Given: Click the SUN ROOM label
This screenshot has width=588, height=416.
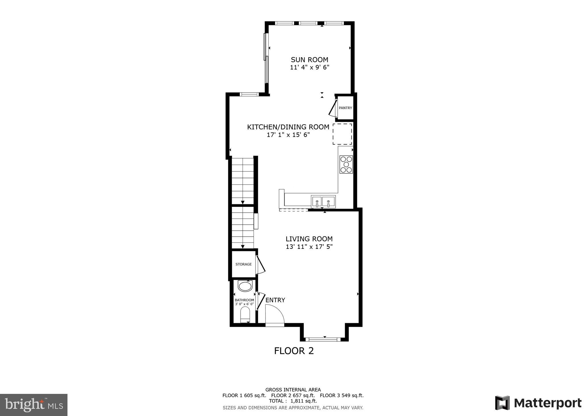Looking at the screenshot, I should click(309, 60).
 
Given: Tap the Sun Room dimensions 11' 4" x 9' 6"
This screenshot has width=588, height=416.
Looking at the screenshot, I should click(309, 68).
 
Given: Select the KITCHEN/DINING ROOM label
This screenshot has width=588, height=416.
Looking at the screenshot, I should click(288, 127).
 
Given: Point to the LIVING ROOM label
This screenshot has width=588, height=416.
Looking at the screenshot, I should click(309, 239).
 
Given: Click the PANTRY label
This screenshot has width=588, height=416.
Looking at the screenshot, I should click(345, 108).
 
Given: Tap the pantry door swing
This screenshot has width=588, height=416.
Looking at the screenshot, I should click(333, 109).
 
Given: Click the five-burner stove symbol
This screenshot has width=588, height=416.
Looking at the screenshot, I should click(346, 164).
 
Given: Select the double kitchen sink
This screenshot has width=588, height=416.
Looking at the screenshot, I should click(323, 201).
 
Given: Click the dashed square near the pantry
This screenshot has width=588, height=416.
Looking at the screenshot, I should click(342, 134).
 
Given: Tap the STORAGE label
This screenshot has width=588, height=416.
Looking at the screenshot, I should click(243, 264).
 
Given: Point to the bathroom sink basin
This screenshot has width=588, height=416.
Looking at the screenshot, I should click(245, 286).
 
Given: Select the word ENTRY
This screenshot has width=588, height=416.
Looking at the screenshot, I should click(275, 300).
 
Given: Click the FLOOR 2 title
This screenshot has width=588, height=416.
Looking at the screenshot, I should click(294, 351).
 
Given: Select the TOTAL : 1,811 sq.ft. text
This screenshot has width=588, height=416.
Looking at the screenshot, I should click(293, 401).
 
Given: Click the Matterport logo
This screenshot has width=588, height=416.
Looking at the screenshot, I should click(538, 403).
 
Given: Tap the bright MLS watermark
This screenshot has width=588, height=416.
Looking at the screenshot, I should click(34, 405).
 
